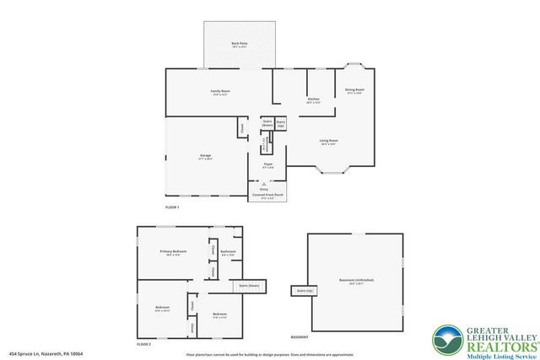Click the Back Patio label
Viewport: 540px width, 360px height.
click(x=239, y=43)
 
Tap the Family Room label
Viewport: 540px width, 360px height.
click(x=220, y=92)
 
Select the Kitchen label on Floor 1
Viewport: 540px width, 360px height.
click(x=313, y=100)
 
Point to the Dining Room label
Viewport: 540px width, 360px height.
click(x=354, y=90)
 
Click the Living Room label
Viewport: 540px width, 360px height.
click(x=329, y=142)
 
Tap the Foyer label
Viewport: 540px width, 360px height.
click(x=267, y=165)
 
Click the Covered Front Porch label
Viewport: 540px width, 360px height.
click(x=267, y=196)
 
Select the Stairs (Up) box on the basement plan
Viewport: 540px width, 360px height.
click(x=303, y=291)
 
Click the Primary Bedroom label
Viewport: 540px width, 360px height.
click(x=172, y=252)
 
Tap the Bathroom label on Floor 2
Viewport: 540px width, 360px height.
click(x=228, y=252)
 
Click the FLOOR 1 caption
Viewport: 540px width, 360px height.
click(x=172, y=207)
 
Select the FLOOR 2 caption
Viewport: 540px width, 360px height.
click(x=143, y=344)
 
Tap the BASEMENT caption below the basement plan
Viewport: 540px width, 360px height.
click(x=300, y=336)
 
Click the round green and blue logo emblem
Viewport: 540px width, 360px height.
click(x=448, y=340)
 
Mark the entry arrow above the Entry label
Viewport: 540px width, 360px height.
click(x=264, y=183)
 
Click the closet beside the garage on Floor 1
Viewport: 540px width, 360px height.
click(x=241, y=128)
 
